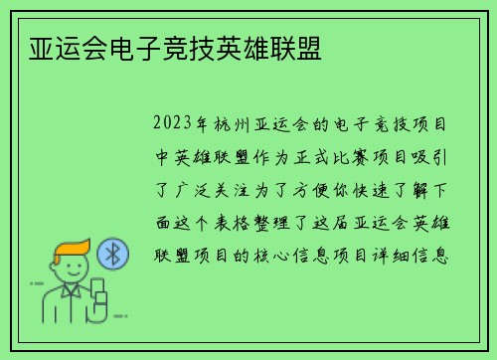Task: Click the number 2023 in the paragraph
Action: [174, 126]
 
